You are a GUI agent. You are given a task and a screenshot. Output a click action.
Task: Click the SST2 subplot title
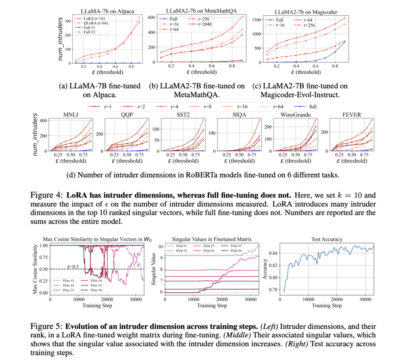click(182, 115)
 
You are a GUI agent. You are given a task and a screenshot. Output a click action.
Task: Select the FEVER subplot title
click(351, 115)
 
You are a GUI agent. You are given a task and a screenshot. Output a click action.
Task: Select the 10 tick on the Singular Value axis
click(159, 246)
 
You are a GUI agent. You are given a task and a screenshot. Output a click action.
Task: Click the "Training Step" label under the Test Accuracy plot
click(327, 305)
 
